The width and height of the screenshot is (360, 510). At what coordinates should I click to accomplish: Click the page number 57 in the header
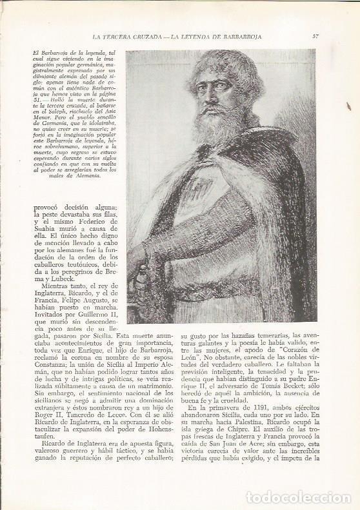(315, 35)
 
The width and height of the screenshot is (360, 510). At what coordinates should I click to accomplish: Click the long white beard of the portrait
(219, 132)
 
